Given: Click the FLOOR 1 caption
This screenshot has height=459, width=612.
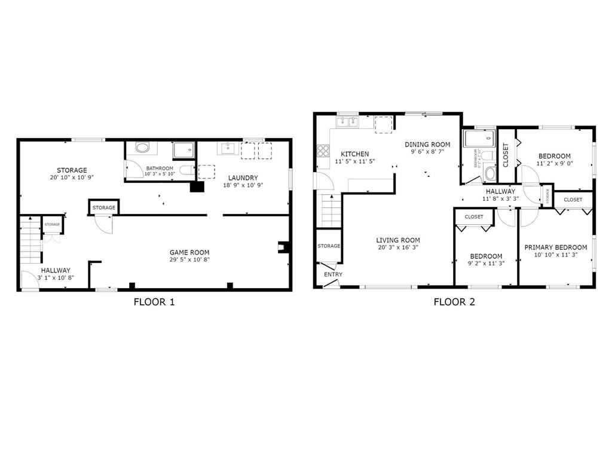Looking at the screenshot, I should pos(154,302).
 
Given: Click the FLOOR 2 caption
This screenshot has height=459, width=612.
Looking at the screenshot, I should pos(454,302).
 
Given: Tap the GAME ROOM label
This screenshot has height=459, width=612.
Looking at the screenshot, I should pos(189,252).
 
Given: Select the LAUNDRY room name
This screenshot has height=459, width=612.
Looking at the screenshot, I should pos(243,178).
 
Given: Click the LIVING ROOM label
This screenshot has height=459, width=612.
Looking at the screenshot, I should pos(397,240).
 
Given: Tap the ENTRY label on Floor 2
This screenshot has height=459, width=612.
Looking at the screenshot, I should pos(333,274).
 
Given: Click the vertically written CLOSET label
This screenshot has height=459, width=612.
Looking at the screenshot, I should pos(506,154).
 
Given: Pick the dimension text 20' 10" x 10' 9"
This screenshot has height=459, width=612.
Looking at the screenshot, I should pos(72,178).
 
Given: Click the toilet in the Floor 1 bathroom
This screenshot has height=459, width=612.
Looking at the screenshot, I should pos(187,170).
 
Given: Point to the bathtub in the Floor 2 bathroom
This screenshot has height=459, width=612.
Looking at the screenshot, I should pos(480,139).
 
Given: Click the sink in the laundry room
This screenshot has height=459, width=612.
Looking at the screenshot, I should pos(228,149).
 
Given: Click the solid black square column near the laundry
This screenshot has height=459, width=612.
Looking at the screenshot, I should pos(196,186).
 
